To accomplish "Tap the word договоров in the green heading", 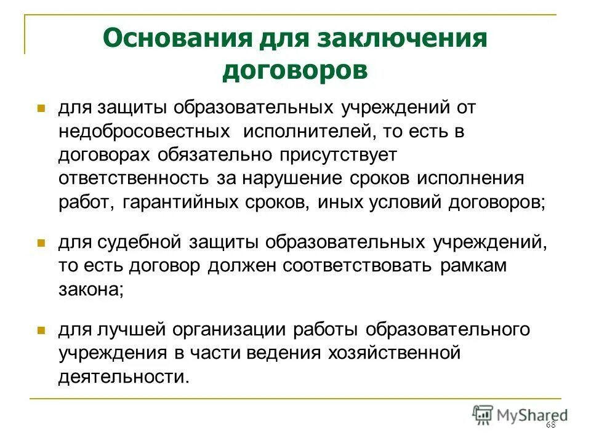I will (x=295, y=70).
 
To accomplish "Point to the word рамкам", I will (x=474, y=266).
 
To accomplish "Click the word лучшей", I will (x=129, y=329).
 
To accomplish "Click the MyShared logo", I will (x=520, y=414).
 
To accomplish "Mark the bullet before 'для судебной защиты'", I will (x=42, y=243).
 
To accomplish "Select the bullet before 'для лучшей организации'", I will (x=42, y=330).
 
